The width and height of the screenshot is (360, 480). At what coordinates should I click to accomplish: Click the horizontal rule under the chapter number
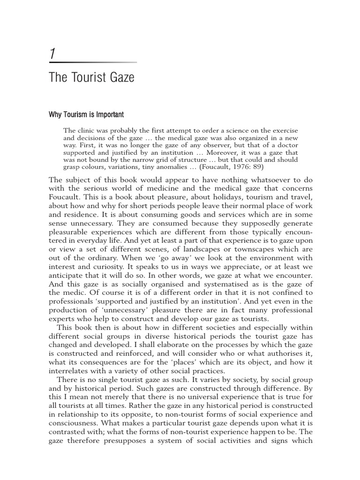(x=93, y=62)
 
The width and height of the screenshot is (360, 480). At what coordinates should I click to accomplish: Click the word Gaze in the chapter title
(x=121, y=77)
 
